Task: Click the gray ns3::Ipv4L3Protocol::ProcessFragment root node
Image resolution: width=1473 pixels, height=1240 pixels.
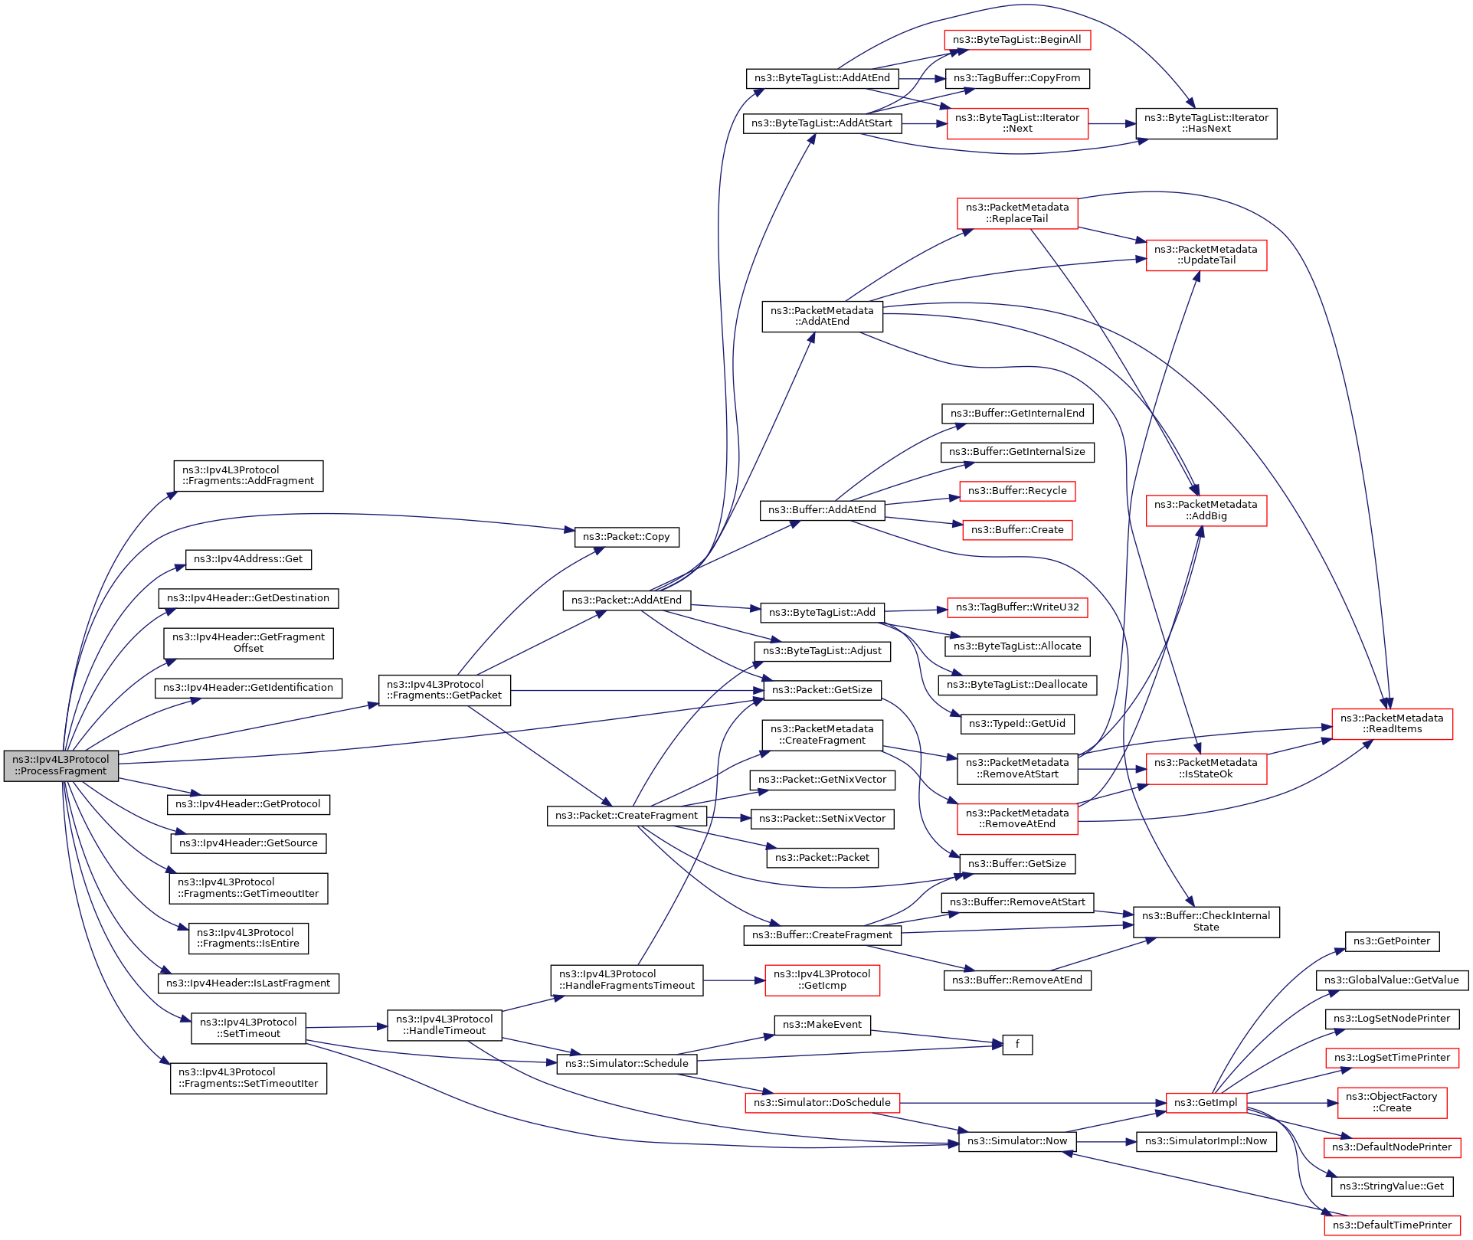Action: click(61, 766)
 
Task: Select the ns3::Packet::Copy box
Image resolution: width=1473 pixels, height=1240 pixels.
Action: click(627, 537)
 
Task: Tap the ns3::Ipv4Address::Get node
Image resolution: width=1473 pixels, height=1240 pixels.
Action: click(248, 559)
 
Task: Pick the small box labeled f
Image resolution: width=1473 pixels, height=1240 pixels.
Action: click(1017, 1045)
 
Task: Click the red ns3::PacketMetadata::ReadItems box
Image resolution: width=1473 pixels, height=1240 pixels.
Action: click(1392, 724)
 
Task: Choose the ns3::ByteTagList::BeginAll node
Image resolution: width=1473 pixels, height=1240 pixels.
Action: click(1017, 40)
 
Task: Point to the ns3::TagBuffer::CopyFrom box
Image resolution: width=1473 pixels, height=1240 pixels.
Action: click(1017, 78)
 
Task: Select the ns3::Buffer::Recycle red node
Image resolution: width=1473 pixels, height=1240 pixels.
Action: click(1017, 491)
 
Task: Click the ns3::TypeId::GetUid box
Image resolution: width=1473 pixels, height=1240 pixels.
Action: click(1017, 724)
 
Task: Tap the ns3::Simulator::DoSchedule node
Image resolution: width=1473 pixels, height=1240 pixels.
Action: click(822, 1103)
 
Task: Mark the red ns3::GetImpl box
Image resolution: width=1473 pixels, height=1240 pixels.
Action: click(1206, 1103)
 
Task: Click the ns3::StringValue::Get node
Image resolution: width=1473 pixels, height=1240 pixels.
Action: click(1392, 1186)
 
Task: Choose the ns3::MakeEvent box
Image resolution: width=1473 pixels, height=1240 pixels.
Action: click(822, 1025)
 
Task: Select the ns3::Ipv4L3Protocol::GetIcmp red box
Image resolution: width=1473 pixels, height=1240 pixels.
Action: click(822, 980)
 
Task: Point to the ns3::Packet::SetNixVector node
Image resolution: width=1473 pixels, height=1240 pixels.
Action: click(822, 819)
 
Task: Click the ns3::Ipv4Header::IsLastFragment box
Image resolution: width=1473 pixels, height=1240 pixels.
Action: click(248, 983)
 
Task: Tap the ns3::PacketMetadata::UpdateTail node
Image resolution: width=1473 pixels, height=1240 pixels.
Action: click(1206, 255)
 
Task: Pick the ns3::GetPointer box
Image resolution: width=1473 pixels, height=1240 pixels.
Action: click(1392, 941)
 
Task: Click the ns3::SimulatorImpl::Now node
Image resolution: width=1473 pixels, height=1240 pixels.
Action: click(1206, 1141)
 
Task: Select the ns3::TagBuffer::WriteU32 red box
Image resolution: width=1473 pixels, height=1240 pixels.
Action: click(1017, 607)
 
